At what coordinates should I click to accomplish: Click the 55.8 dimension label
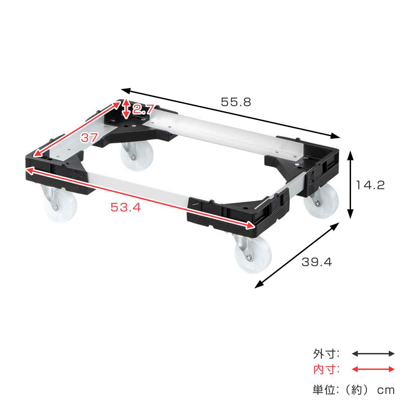pos(236,102)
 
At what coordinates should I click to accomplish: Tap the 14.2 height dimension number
pos(370,185)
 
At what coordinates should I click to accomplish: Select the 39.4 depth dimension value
pos(317,262)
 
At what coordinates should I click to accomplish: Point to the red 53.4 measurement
pos(126,208)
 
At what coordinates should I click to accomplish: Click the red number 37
pos(89,138)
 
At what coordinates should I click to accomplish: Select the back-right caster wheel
pos(321,201)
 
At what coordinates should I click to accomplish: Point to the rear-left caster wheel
pos(137,156)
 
